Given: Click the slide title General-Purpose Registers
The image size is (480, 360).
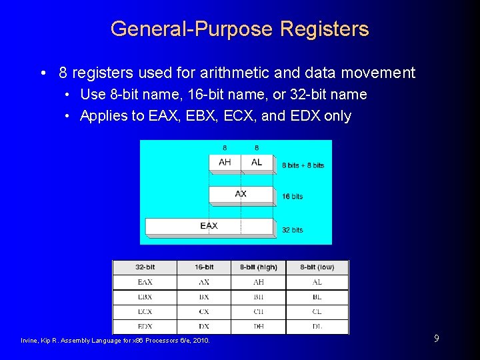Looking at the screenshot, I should point(239,29).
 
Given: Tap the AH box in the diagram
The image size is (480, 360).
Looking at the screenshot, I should point(225,162).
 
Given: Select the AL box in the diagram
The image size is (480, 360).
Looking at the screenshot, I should point(257,162).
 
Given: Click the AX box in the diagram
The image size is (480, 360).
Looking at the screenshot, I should point(241,194).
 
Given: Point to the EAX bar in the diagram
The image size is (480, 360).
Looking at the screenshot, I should point(209,226).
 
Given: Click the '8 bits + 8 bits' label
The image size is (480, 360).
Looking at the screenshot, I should point(303,165).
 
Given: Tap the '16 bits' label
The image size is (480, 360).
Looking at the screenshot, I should point(292,197).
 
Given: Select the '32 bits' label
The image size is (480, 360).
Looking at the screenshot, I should point(292,230).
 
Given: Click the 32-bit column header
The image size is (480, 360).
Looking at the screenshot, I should point(145,267).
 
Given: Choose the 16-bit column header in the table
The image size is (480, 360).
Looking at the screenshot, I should point(204,267).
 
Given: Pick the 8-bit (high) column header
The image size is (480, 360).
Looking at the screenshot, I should point(258,267).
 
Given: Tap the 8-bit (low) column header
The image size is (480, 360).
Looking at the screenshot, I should point(317,267).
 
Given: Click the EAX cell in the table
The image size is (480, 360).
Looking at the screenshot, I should point(145,283).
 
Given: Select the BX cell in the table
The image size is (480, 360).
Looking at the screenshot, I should point(204,297).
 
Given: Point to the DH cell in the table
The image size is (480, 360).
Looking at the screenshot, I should point(258,327).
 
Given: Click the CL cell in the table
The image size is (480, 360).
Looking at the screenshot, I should point(317,312).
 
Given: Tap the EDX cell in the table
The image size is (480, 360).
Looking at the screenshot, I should point(145,327).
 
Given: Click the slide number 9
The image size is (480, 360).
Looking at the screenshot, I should point(436,339).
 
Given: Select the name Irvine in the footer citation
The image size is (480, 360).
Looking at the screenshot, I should point(30,341).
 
